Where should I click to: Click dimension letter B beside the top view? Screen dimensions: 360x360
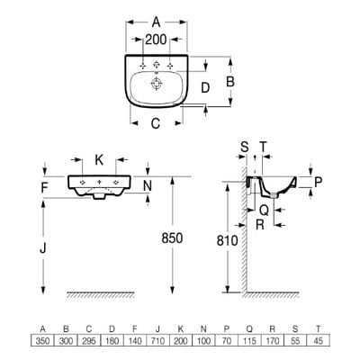click(229, 81)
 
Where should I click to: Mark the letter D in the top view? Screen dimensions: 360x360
click(205, 87)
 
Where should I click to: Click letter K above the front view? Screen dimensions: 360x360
click(99, 157)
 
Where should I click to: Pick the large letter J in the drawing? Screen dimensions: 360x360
click(44, 244)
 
